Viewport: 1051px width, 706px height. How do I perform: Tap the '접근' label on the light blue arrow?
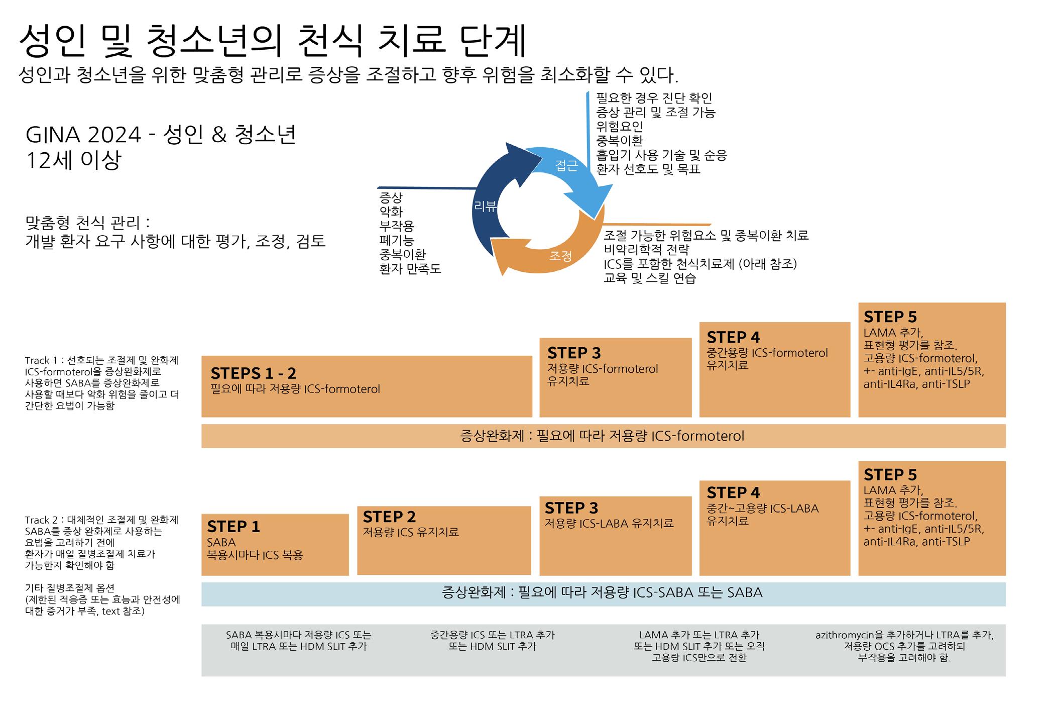pos(566,165)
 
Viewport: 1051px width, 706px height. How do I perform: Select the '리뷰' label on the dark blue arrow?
pos(485,206)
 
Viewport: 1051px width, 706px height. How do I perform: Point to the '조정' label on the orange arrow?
pos(560,256)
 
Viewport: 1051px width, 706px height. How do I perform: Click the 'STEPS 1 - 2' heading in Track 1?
pos(254,373)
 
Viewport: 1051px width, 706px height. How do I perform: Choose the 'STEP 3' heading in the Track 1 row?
pos(574,353)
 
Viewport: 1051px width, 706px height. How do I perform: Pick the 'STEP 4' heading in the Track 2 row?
pos(733,492)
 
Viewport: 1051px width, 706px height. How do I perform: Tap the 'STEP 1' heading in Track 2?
pos(233,527)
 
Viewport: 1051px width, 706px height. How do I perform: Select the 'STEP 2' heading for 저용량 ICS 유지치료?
pos(389,517)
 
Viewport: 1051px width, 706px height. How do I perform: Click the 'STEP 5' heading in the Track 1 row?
pos(890,317)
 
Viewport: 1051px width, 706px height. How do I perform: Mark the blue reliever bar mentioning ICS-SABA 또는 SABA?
pos(602,593)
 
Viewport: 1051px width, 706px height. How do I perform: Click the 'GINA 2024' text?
pos(83,135)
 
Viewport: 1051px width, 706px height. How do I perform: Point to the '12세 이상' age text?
pos(73,160)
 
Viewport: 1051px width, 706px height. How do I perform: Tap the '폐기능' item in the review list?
pos(396,240)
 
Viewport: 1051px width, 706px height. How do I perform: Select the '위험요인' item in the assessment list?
pos(619,127)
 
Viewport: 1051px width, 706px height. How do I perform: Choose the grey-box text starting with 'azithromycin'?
pos(904,635)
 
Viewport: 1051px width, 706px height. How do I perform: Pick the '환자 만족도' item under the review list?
pos(410,269)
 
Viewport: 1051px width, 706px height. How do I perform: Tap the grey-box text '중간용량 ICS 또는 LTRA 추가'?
pos(492,635)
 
